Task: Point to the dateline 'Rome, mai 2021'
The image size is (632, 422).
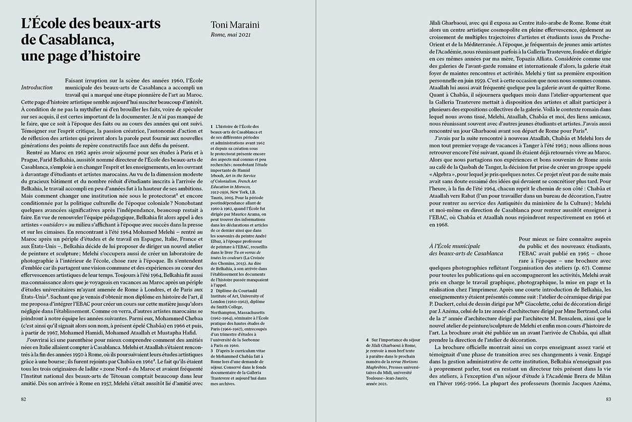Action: (x=231, y=35)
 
